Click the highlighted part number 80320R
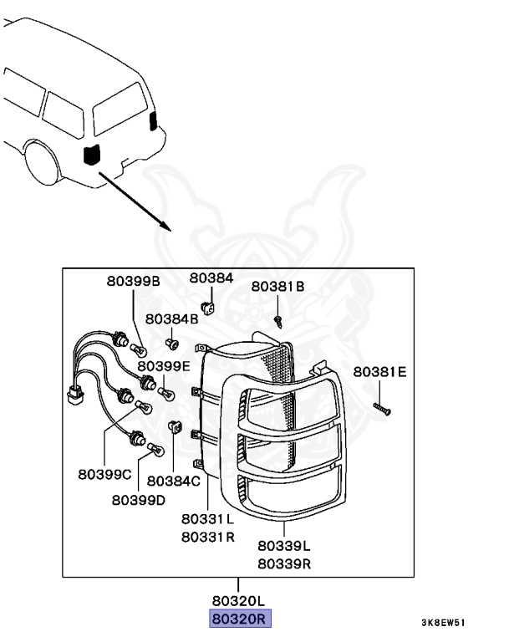(x=240, y=619)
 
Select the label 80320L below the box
(x=239, y=601)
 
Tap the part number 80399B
(x=133, y=281)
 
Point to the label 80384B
(x=171, y=318)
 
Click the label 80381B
(x=278, y=286)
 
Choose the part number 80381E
(x=379, y=372)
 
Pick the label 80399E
(x=164, y=365)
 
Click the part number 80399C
(x=104, y=474)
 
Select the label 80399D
(x=139, y=500)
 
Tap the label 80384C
(x=174, y=481)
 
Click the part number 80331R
(x=208, y=537)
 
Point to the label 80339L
(x=284, y=546)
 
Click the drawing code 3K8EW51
(x=444, y=623)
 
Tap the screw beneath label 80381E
(x=382, y=409)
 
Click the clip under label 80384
(x=208, y=307)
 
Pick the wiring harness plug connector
(x=75, y=395)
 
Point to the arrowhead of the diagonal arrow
(x=165, y=226)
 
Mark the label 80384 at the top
(x=211, y=278)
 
